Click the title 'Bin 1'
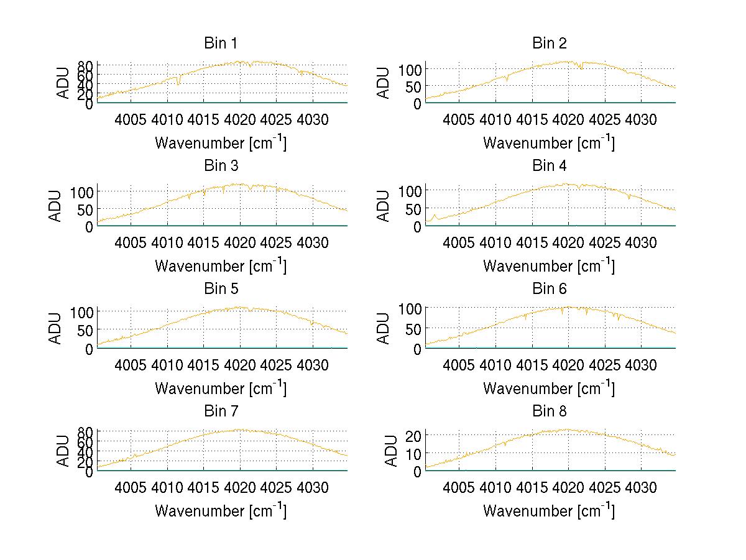tap(221, 44)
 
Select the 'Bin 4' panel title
tap(549, 166)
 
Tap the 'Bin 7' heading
tap(221, 411)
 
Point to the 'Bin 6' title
tap(549, 289)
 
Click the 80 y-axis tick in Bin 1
tap(86, 65)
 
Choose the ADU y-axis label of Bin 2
tap(384, 83)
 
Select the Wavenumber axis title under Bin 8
tap(549, 511)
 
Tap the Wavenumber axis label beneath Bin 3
tap(221, 265)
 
